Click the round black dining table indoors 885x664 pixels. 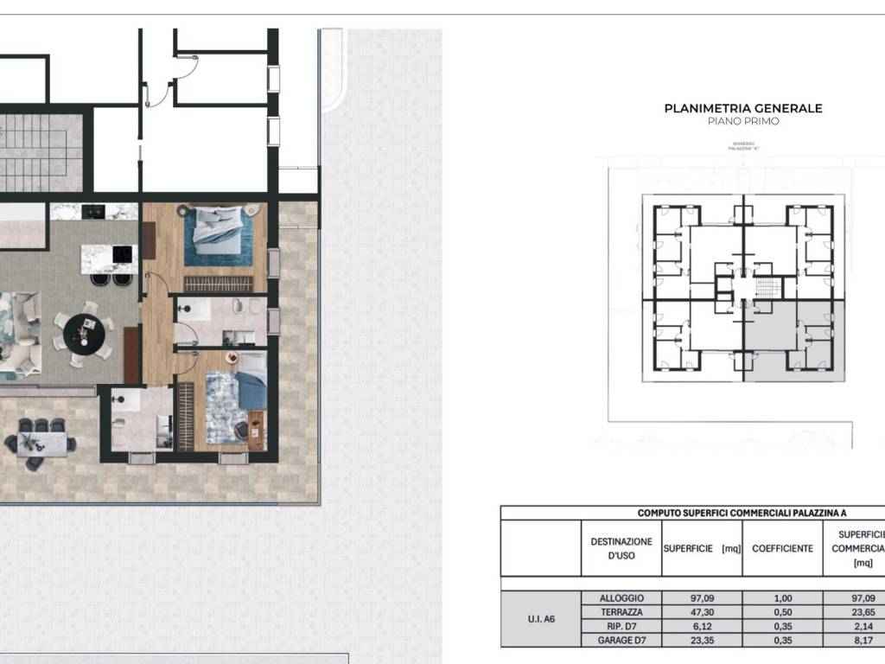(x=84, y=329)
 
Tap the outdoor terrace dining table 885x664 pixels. (x=41, y=443)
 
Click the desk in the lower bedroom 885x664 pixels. (x=257, y=430)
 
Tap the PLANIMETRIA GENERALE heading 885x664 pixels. (x=742, y=108)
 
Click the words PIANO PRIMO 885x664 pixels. (x=742, y=122)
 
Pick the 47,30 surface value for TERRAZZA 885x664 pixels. (x=700, y=610)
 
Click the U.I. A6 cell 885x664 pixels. (x=540, y=617)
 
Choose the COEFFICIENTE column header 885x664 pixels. (x=782, y=548)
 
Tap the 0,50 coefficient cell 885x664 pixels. (x=782, y=610)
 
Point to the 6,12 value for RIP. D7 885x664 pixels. (x=700, y=625)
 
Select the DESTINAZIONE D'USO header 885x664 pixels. (x=621, y=548)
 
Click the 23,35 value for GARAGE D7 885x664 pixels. (x=700, y=640)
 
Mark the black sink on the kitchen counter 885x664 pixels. (x=94, y=210)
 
